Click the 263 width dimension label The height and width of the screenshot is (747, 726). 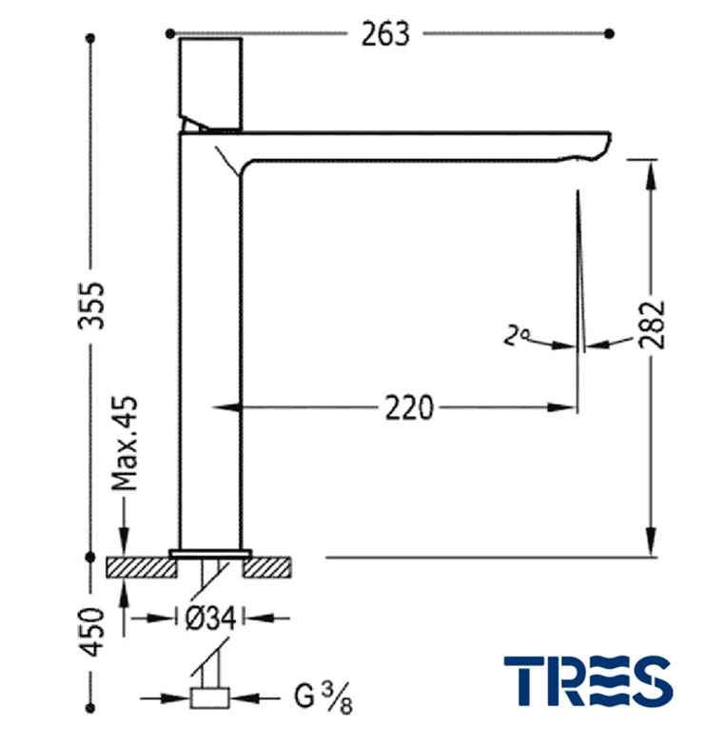click(385, 34)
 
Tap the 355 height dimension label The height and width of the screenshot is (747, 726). click(91, 305)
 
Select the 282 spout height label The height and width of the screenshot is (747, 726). click(652, 324)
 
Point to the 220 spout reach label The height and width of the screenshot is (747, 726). click(409, 408)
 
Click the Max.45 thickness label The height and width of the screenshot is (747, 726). click(125, 443)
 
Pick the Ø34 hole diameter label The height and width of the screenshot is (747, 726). click(210, 619)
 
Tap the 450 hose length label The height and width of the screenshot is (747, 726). click(91, 632)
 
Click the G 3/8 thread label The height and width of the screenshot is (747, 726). click(324, 697)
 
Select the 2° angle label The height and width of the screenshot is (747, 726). click(517, 335)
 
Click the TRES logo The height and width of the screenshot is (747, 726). click(588, 680)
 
